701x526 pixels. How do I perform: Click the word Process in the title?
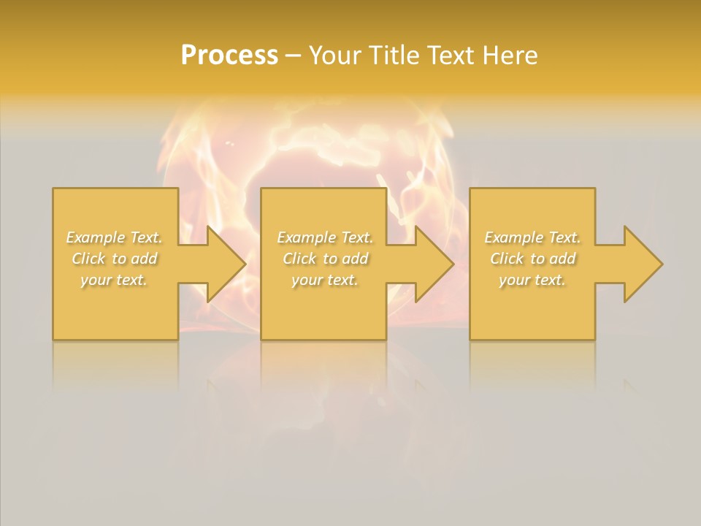pos(229,56)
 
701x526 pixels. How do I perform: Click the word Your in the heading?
pos(334,56)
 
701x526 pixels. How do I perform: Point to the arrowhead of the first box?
pos(223,264)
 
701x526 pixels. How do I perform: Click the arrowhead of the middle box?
pos(432,264)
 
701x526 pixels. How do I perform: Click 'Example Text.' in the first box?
pos(115,237)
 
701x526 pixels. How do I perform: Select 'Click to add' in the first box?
pos(115,259)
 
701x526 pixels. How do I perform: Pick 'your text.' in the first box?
pos(115,280)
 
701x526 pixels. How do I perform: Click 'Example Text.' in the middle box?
pos(325,237)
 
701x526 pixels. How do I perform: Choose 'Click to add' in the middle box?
pos(325,259)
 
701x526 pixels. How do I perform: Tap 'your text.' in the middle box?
pos(325,280)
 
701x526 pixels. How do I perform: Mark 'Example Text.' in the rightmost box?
pos(532,237)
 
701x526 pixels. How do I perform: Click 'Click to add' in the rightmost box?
pos(532,259)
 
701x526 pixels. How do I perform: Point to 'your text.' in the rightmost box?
pos(532,280)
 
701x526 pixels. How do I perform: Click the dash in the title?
pos(293,56)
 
